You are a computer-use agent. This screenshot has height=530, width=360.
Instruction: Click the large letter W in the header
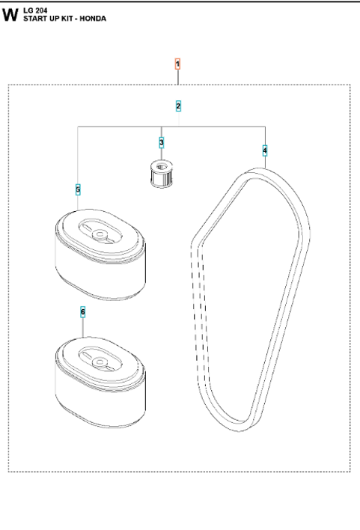pyautogui.click(x=10, y=14)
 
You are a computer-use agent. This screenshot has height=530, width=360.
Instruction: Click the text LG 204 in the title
pyautogui.click(x=34, y=10)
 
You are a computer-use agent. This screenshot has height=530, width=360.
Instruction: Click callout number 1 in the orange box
pyautogui.click(x=177, y=64)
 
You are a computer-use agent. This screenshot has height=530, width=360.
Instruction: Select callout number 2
pyautogui.click(x=178, y=106)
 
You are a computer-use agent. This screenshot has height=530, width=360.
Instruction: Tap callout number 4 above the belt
pyautogui.click(x=264, y=150)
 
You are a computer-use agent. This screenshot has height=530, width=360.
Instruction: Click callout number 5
pyautogui.click(x=78, y=189)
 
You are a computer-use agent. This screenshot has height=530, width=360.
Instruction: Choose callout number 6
pyautogui.click(x=83, y=311)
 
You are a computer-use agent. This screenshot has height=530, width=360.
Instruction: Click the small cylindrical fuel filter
pyautogui.click(x=162, y=176)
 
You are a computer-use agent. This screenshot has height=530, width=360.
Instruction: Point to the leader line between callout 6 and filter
pyautogui.click(x=83, y=326)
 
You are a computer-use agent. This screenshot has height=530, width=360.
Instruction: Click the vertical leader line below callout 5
pyautogui.click(x=78, y=205)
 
